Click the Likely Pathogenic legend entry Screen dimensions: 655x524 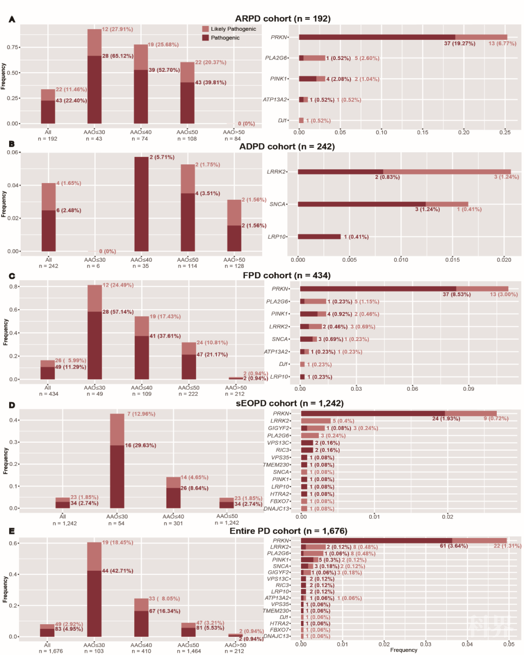click(233, 29)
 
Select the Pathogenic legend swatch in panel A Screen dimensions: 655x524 click(206, 38)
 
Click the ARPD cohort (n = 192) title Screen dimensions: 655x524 click(282, 19)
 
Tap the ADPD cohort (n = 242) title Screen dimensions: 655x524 click(286, 147)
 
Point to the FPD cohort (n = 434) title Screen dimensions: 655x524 click(286, 275)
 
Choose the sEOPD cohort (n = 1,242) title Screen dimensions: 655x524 click(289, 403)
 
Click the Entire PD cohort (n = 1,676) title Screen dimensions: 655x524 click(288, 531)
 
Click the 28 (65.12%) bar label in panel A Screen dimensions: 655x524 click(118, 56)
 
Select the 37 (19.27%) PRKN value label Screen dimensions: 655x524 click(459, 43)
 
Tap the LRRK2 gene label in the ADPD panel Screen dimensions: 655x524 click(276, 172)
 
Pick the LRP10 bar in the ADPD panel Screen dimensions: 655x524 click(319, 236)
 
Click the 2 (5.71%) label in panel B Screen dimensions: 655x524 click(162, 157)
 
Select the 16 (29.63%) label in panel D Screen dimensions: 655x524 click(140, 446)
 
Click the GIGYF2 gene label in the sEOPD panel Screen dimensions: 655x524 click(278, 428)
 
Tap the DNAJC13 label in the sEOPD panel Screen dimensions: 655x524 click(276, 509)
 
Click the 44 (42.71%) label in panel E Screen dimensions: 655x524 click(118, 571)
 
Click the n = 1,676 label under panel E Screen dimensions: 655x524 click(50, 651)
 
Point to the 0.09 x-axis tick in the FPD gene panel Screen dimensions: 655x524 click(469, 389)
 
